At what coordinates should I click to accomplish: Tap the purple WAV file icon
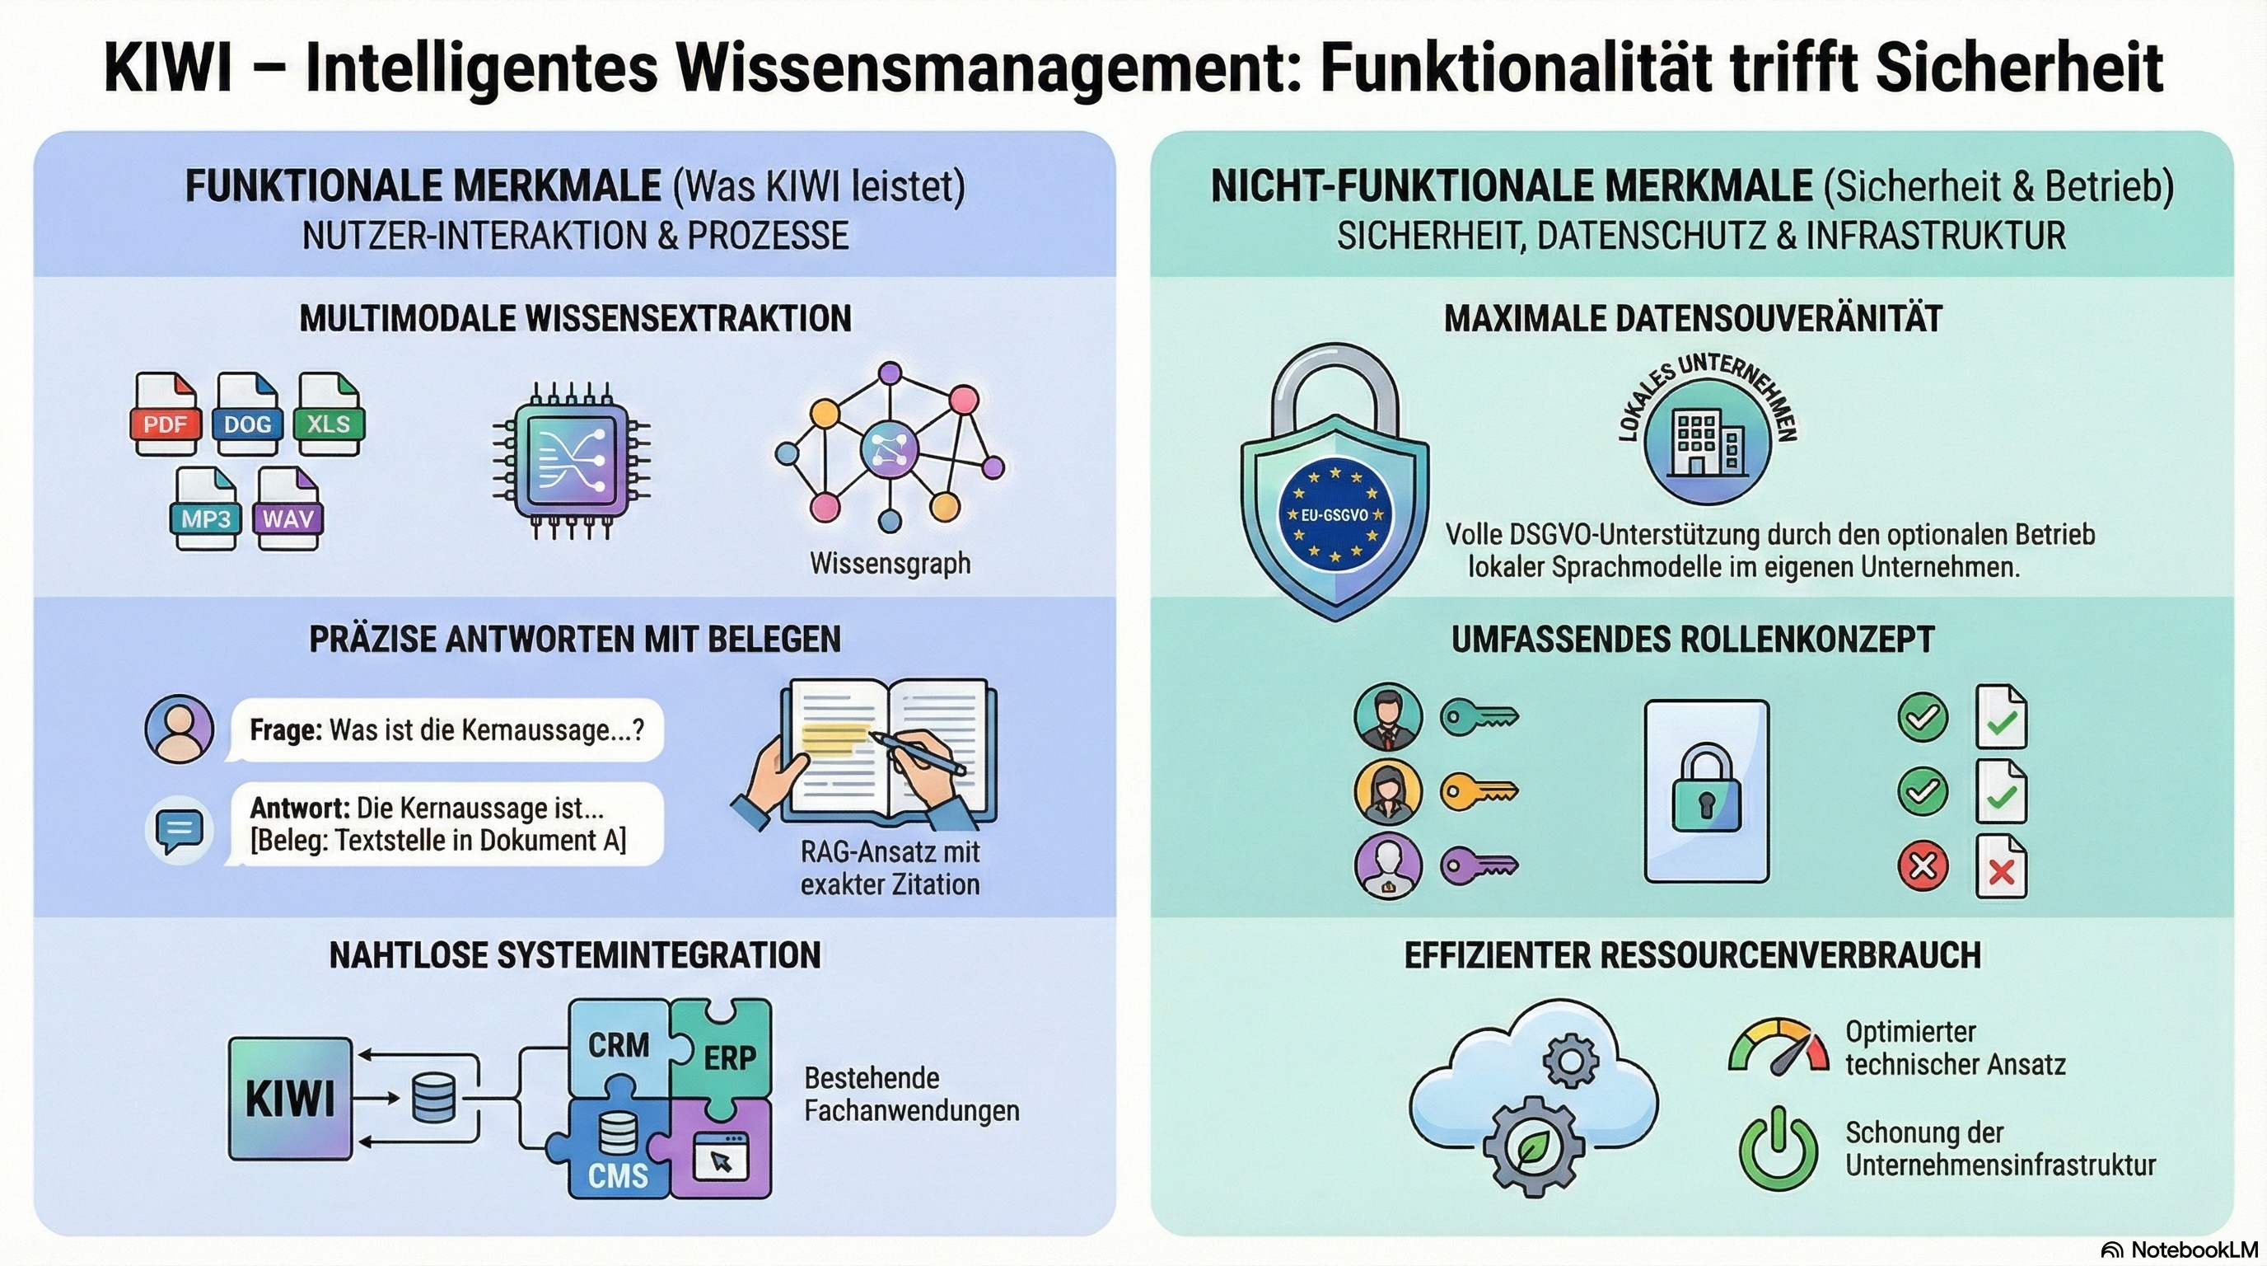287,509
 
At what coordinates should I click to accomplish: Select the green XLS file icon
328,414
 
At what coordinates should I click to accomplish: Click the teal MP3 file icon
206,509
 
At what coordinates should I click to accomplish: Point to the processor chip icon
571,460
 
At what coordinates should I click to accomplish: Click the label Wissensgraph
890,564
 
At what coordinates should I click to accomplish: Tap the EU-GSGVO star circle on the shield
1335,514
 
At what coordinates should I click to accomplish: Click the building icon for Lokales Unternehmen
1708,442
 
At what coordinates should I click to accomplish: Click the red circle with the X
1922,866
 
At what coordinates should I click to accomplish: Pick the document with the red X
2000,866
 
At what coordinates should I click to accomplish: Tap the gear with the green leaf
1533,1146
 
